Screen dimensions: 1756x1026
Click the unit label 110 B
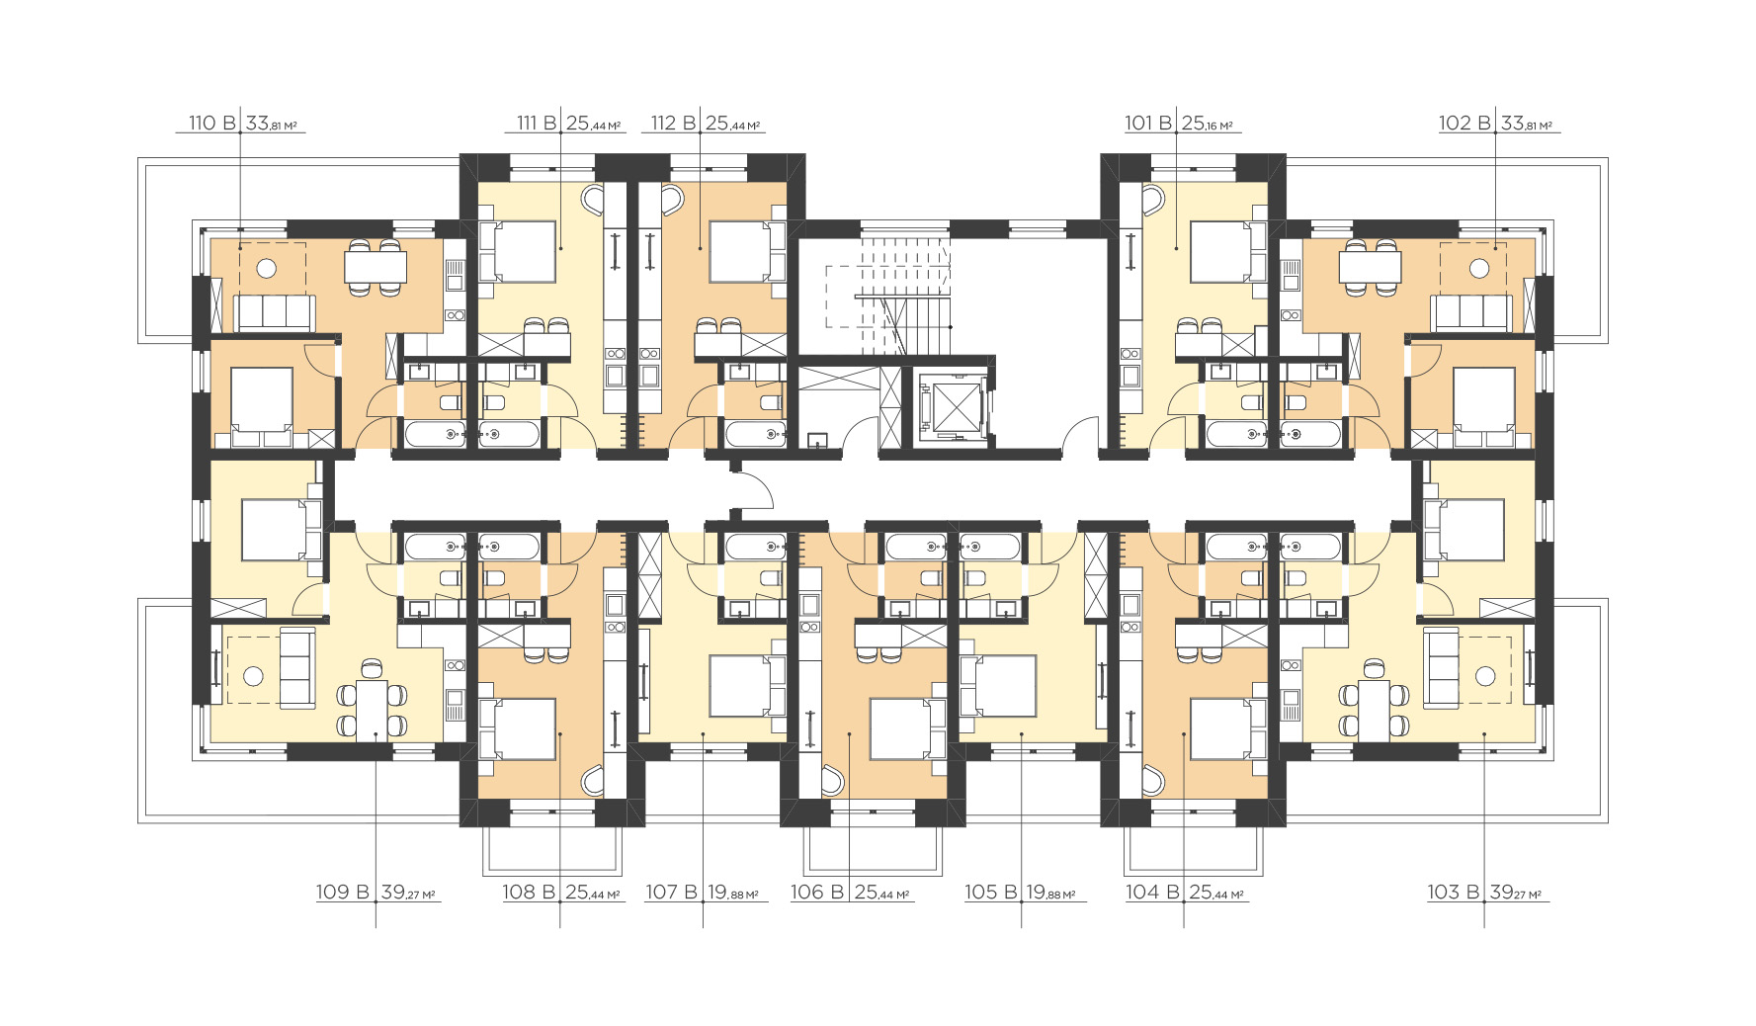tap(211, 124)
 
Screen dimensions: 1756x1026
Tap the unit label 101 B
tap(1147, 124)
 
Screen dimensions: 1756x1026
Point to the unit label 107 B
tap(671, 893)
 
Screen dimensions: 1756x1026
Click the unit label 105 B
tap(990, 893)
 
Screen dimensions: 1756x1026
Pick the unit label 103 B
tap(1453, 893)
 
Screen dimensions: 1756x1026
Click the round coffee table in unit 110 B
tap(266, 268)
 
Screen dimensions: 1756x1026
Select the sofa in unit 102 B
tap(1471, 313)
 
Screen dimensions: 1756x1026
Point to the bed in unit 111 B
tap(517, 252)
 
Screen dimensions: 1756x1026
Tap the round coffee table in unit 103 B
tap(1484, 676)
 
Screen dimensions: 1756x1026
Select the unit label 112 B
tap(674, 124)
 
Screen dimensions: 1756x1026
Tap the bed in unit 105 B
tap(998, 685)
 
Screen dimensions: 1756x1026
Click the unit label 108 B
tap(531, 893)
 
